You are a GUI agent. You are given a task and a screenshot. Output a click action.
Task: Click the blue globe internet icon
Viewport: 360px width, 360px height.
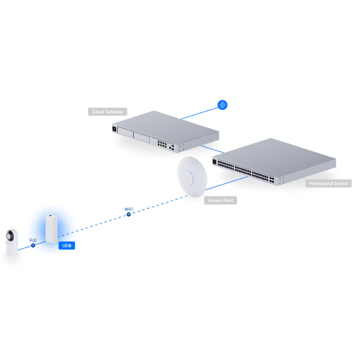(x=222, y=105)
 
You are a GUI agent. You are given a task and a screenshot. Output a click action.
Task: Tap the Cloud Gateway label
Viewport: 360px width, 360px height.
(x=107, y=112)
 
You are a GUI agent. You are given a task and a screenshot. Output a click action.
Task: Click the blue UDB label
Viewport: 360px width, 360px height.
(x=66, y=246)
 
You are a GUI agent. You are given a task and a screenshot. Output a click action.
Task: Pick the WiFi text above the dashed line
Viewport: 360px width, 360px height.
(x=128, y=209)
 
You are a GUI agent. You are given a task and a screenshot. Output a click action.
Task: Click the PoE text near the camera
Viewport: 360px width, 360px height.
(x=33, y=240)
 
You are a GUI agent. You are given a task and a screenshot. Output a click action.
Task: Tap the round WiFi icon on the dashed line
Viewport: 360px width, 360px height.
(x=128, y=215)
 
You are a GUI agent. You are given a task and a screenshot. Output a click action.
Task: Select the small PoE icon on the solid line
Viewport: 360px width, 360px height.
(x=33, y=246)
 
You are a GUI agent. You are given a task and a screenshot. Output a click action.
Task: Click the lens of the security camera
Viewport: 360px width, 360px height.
(x=11, y=235)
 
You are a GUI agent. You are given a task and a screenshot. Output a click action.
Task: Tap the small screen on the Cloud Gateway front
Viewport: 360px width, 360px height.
(x=115, y=129)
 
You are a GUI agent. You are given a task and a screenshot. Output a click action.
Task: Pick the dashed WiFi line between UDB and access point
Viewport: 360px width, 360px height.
(x=99, y=225)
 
